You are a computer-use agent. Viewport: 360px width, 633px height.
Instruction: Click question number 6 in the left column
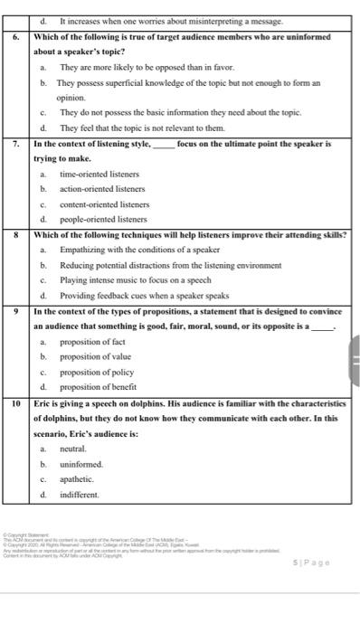coord(16,37)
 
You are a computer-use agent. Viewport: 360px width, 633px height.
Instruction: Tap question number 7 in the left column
coord(16,144)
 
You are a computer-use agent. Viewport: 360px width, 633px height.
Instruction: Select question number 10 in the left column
coord(16,402)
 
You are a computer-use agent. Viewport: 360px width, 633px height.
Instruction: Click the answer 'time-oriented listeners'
coord(99,174)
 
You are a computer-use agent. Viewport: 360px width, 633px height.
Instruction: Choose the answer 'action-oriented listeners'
coord(102,189)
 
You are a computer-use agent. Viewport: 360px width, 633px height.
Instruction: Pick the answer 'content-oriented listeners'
coord(104,204)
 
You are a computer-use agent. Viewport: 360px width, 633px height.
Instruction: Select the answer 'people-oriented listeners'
coord(103,219)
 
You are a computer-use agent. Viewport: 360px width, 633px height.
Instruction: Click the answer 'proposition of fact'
coord(93,343)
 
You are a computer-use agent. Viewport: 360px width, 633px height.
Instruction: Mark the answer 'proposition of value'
coord(95,357)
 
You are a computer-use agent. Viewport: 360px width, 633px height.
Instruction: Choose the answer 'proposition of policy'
coord(96,373)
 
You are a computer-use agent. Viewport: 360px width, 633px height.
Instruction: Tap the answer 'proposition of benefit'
coord(98,387)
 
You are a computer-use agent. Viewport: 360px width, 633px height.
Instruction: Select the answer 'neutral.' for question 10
coord(73,449)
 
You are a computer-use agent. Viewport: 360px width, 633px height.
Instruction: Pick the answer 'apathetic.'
coord(77,479)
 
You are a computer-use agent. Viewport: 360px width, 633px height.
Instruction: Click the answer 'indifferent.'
coord(80,495)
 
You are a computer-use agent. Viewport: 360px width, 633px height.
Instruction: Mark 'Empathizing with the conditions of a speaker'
coord(140,250)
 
